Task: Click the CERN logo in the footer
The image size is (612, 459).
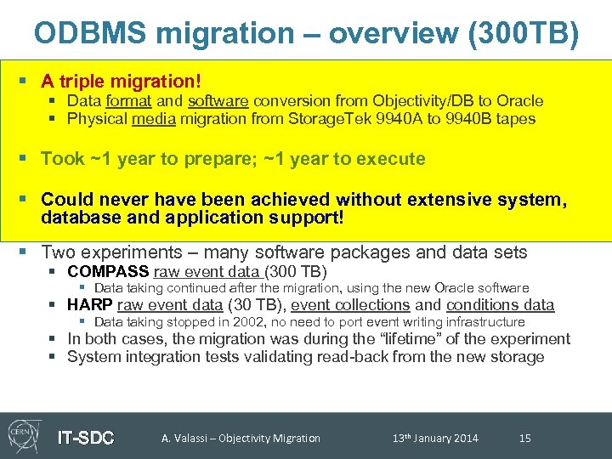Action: pos(25,436)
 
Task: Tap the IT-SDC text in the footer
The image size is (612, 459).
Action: pos(85,438)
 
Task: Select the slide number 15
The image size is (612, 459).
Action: pos(524,439)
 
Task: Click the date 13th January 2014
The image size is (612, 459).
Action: pos(435,439)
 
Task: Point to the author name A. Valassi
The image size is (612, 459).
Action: pos(184,439)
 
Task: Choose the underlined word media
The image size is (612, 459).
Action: pos(153,119)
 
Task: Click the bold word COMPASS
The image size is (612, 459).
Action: pos(108,272)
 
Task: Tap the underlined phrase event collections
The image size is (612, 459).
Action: pos(350,305)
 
